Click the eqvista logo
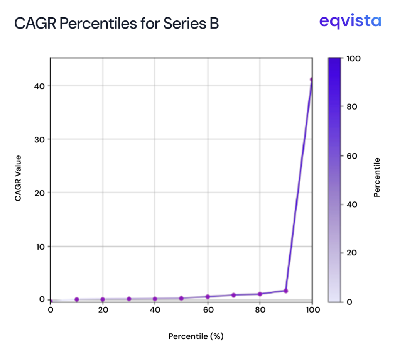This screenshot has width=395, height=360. click(350, 21)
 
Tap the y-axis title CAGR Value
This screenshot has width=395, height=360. click(18, 178)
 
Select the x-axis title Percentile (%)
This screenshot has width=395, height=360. click(196, 336)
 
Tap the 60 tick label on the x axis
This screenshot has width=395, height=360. click(208, 310)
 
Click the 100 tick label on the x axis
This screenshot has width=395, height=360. click(312, 310)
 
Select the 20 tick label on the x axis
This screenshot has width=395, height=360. click(103, 310)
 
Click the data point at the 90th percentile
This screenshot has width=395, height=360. click(286, 291)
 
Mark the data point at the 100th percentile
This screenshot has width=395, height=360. click(311, 80)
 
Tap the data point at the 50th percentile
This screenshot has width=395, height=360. click(181, 298)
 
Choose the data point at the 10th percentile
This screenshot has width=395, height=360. click(77, 299)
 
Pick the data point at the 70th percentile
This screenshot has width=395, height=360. click(234, 295)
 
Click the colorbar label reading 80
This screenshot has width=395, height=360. click(353, 107)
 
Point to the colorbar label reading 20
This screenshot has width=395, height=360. click(353, 253)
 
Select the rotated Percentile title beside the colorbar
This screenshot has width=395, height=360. click(377, 177)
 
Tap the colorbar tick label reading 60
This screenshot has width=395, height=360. click(353, 156)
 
